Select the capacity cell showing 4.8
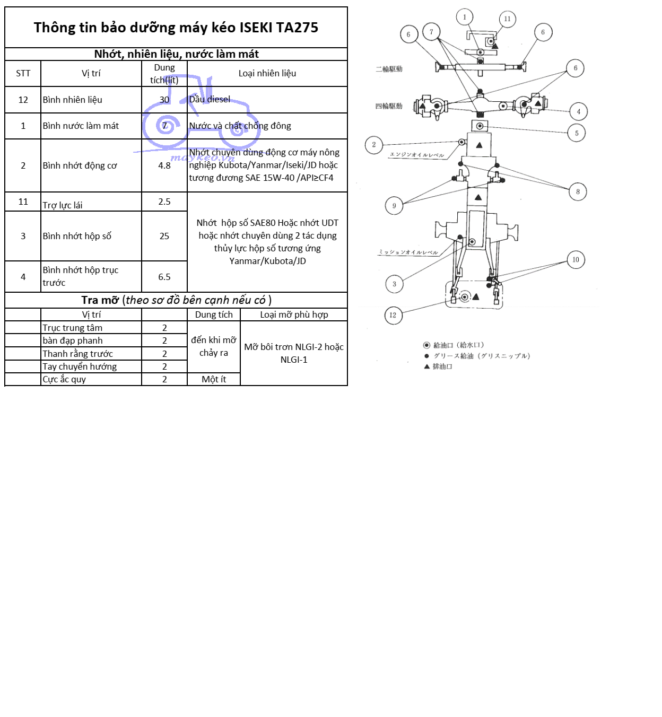coord(164,165)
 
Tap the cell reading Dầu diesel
coord(210,99)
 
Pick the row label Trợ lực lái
coord(63,205)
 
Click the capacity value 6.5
coord(164,277)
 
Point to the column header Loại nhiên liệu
coord(267,73)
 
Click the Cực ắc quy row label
coord(64,379)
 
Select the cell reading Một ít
coord(214,379)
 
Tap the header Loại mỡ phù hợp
coord(294,314)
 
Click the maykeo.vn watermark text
coord(202,158)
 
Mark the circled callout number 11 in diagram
coord(507,19)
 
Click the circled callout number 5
coord(577,133)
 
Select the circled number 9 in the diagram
coord(394,206)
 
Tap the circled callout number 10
coord(576,260)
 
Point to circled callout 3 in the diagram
coord(394,284)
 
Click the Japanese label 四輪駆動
coord(389,106)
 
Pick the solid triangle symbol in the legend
coord(426,366)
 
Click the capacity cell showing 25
coord(164,236)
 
